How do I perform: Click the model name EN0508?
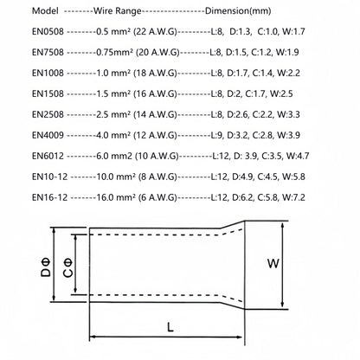pos(48,31)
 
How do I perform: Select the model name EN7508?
pos(48,52)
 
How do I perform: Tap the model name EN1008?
pos(48,73)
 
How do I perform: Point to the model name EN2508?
pos(48,114)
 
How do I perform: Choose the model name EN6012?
pos(48,156)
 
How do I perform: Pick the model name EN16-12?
pos(49,197)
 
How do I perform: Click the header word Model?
pos(45,11)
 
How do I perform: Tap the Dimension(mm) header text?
pos(238,11)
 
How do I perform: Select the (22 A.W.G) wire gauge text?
pos(155,32)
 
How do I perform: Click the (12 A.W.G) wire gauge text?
pos(155,136)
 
